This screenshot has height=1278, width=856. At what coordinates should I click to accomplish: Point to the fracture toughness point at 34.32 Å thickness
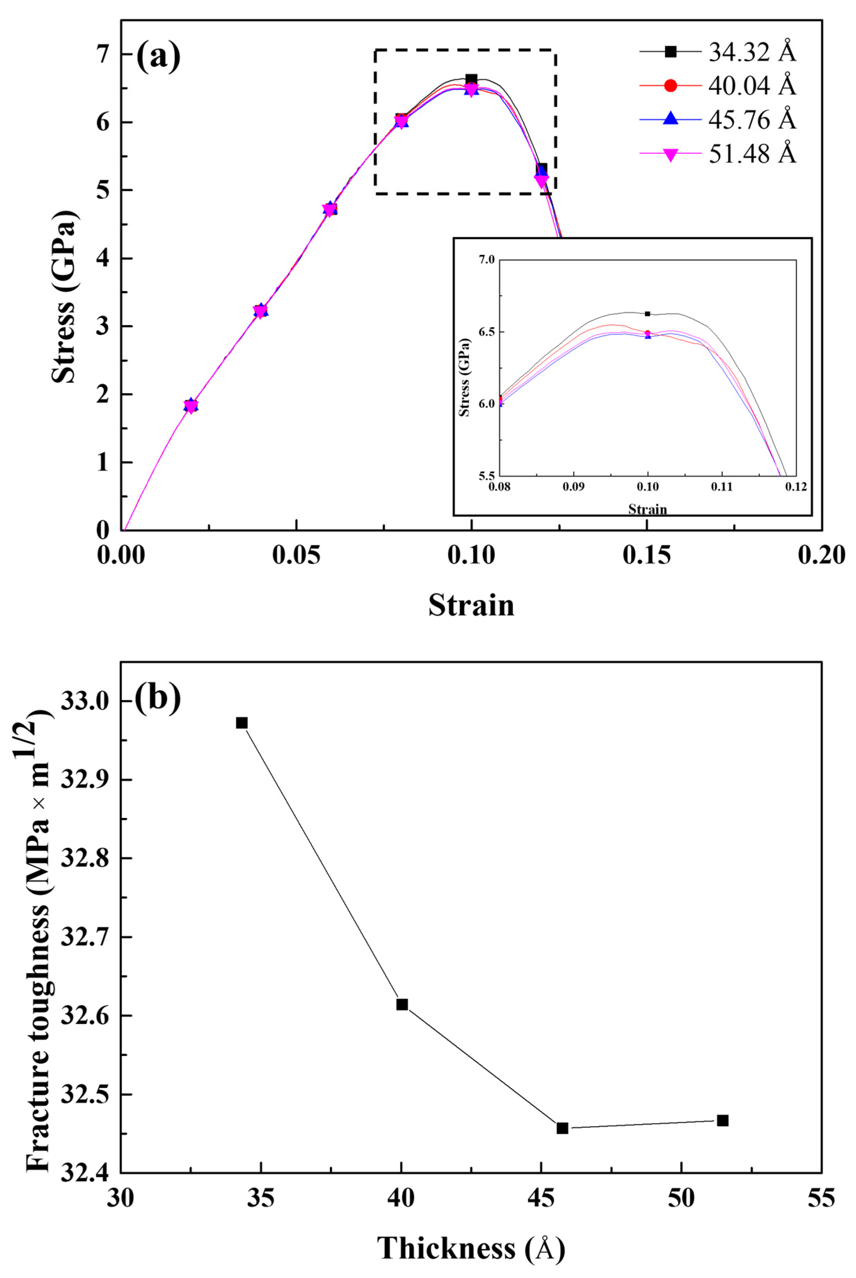click(242, 723)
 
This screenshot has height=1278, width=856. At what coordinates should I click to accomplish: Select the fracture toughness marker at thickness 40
click(402, 1005)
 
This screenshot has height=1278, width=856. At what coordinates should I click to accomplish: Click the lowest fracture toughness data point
click(562, 1128)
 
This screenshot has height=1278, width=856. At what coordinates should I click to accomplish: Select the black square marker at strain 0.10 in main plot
click(471, 79)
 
